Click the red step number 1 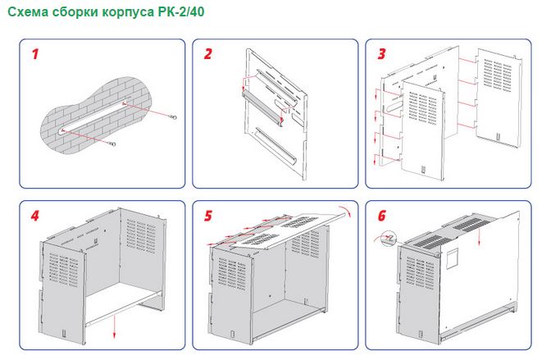(x=34, y=54)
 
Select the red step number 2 (x=208, y=54)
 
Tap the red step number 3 (x=382, y=54)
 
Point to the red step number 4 (x=34, y=216)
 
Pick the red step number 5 (x=208, y=216)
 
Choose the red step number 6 (x=382, y=216)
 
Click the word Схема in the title (x=28, y=11)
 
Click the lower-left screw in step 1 (x=111, y=144)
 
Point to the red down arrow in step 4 (x=114, y=326)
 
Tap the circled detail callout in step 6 (x=389, y=239)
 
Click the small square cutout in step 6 (x=453, y=258)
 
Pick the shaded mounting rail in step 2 (x=262, y=108)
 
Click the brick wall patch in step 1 (x=96, y=115)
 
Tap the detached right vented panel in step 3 (x=499, y=97)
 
